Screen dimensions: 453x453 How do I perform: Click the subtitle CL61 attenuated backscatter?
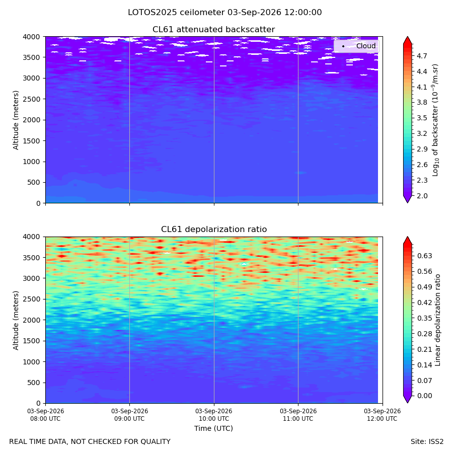213,30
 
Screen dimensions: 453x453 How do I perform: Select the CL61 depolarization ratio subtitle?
214,230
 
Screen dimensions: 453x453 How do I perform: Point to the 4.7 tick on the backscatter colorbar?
422,56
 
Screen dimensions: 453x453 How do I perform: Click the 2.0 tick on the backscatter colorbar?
422,196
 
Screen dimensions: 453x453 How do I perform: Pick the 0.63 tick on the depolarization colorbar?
424,256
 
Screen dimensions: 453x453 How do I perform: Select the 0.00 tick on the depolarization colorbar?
424,396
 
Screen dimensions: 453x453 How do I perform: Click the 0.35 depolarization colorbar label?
424,319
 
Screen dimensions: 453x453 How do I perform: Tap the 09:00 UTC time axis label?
129,415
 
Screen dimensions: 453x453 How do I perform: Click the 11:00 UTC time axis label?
298,415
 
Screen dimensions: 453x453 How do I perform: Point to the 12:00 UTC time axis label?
382,415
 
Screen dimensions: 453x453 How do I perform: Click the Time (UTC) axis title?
213,428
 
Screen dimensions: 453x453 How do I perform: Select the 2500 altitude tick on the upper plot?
32,99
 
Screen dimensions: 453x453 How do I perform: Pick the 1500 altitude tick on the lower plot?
32,341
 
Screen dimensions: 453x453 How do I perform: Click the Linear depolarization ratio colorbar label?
438,320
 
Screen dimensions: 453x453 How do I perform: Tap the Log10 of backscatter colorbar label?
435,120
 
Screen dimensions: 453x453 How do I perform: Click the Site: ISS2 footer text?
427,442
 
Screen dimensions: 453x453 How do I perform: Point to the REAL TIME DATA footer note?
90,442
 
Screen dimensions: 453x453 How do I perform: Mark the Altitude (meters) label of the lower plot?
16,321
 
